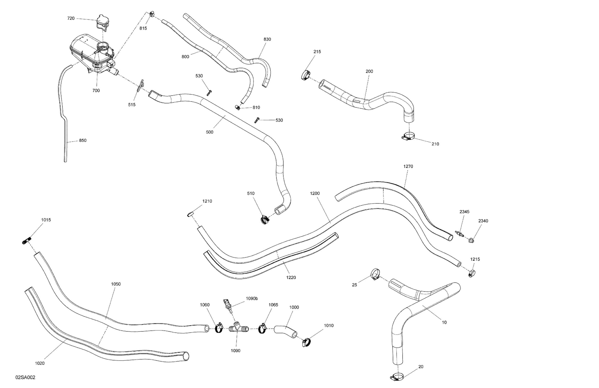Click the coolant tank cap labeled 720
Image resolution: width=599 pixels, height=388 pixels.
click(x=102, y=22)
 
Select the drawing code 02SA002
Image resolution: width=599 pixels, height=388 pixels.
click(x=25, y=378)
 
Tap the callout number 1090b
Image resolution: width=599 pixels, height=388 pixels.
click(x=252, y=299)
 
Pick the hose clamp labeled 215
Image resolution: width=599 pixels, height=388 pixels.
click(x=306, y=75)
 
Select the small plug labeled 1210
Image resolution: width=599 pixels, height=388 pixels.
click(x=190, y=214)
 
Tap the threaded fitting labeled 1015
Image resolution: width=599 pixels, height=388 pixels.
click(x=26, y=241)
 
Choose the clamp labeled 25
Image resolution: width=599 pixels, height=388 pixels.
click(x=375, y=274)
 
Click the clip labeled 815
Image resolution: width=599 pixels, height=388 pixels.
click(x=151, y=13)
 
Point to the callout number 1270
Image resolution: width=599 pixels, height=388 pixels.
click(x=408, y=166)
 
